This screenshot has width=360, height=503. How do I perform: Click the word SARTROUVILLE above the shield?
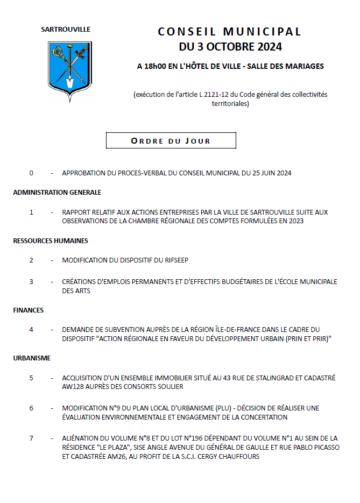[x=66, y=30]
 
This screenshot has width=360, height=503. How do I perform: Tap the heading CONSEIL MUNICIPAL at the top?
[x=230, y=32]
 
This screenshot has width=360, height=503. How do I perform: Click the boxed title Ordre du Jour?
[x=171, y=141]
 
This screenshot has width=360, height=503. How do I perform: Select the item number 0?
[x=31, y=173]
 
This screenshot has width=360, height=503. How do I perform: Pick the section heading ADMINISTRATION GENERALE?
[x=57, y=192]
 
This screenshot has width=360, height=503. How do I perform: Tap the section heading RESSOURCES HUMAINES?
[x=51, y=240]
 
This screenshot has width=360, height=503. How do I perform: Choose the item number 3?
[x=31, y=281]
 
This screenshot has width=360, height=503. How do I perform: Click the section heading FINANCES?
[x=29, y=310]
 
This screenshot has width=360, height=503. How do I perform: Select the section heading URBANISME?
[x=32, y=358]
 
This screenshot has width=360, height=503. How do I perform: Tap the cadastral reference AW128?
[x=73, y=386]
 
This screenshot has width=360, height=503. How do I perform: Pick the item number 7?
[x=31, y=438]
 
